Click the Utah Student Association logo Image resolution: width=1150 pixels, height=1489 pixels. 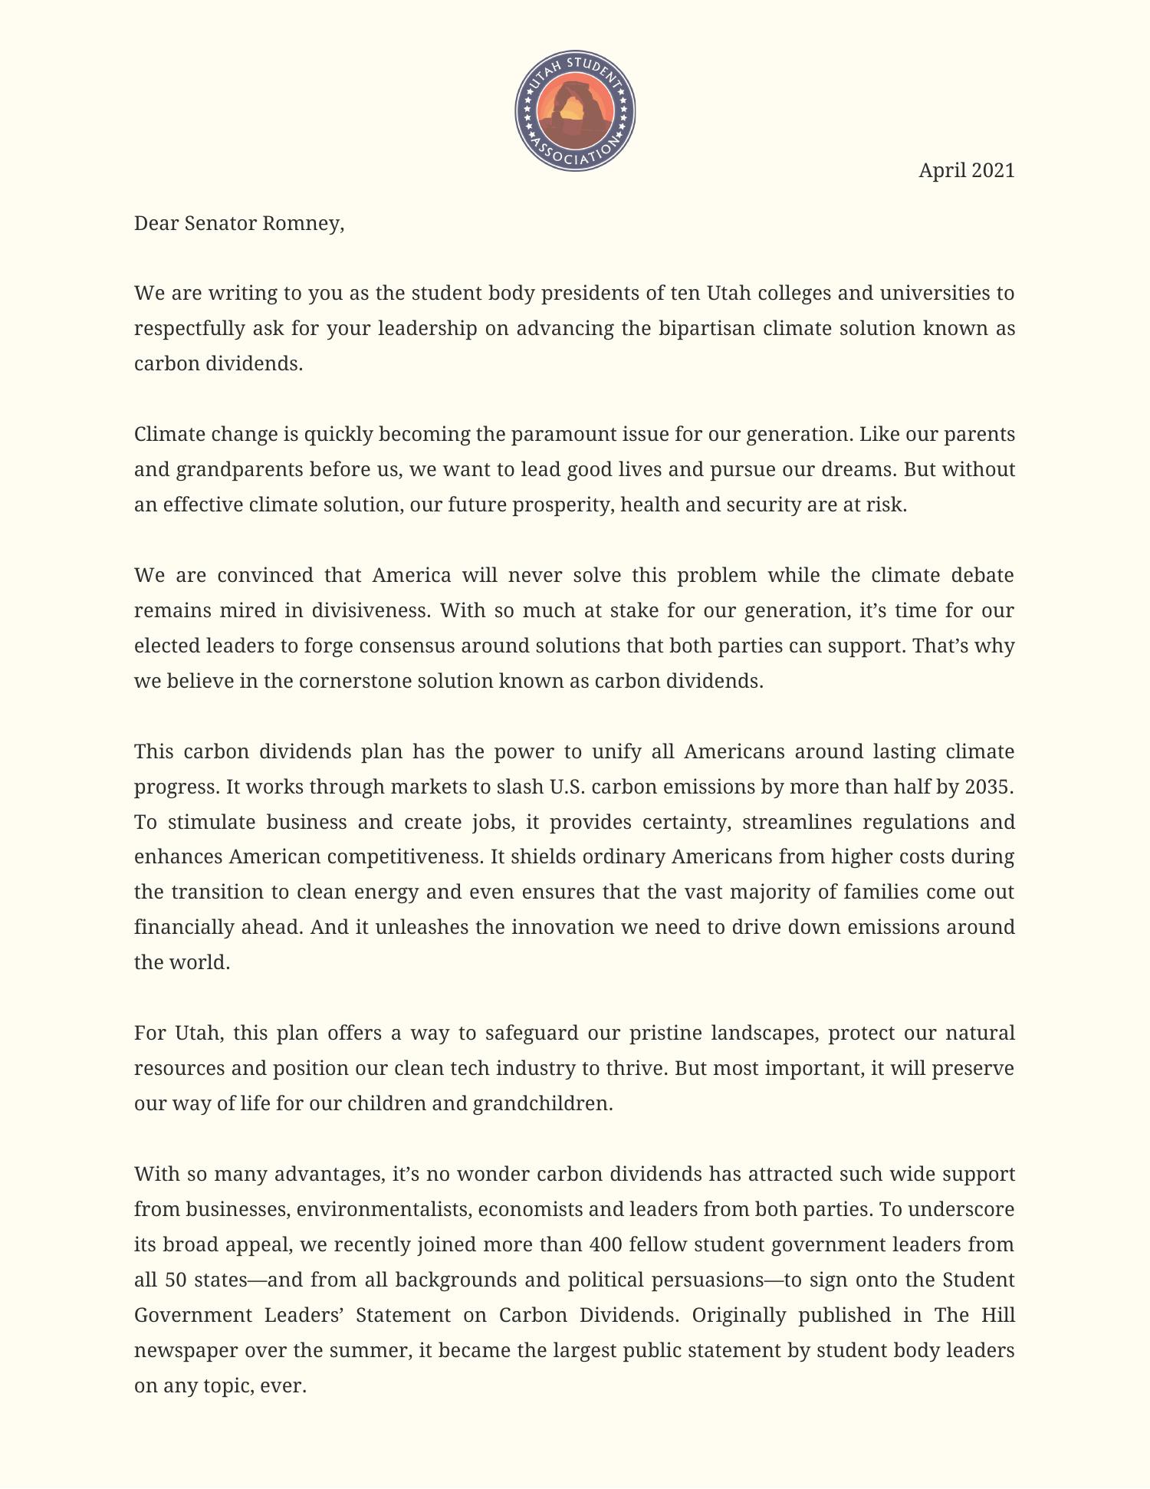click(575, 111)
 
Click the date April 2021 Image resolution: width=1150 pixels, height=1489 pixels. click(966, 170)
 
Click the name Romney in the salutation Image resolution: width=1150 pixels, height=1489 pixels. click(303, 223)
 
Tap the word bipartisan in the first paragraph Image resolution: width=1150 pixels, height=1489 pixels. click(707, 328)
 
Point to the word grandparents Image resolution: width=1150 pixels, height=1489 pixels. click(240, 469)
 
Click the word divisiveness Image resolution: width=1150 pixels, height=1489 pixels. click(371, 610)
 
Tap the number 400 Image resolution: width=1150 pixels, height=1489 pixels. click(606, 1244)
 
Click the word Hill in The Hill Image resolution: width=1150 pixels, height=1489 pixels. click(997, 1315)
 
